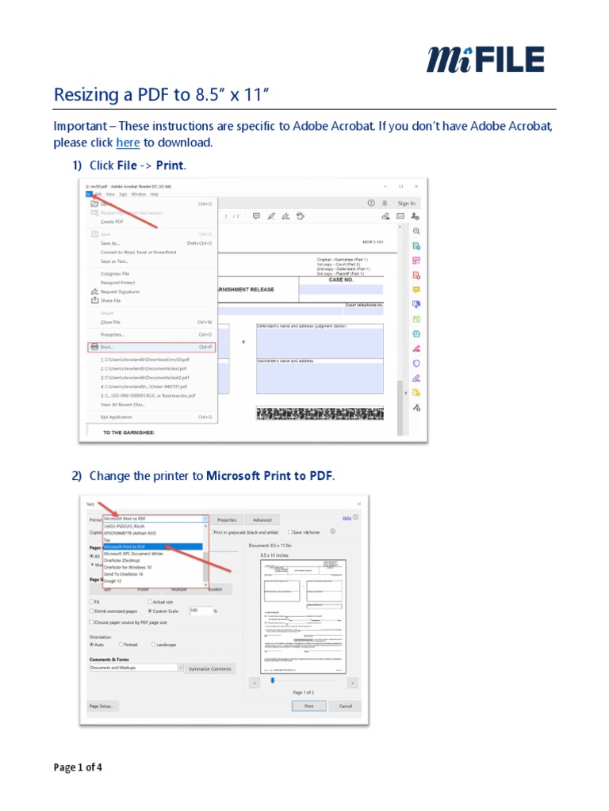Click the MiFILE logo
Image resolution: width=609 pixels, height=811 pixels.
pyautogui.click(x=485, y=59)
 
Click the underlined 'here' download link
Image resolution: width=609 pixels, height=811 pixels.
pyautogui.click(x=128, y=143)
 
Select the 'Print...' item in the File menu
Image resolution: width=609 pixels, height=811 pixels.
pyautogui.click(x=106, y=347)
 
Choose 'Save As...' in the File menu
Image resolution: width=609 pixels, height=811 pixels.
pyautogui.click(x=109, y=244)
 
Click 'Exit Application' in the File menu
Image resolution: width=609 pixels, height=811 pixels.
pyautogui.click(x=116, y=417)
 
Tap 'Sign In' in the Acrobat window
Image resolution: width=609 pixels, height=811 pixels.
pyautogui.click(x=406, y=204)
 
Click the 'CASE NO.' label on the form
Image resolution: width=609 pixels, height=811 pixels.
pyautogui.click(x=340, y=280)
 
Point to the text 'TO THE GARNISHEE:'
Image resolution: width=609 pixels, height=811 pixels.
pyautogui.click(x=129, y=432)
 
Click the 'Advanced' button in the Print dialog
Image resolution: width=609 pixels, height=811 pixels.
pyautogui.click(x=262, y=520)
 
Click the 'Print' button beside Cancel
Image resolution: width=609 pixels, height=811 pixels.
pyautogui.click(x=308, y=706)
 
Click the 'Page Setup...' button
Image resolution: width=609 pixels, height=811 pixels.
pyautogui.click(x=102, y=706)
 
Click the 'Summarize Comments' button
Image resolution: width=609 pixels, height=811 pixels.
pyautogui.click(x=209, y=668)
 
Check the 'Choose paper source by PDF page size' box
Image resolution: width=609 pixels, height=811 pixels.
pyautogui.click(x=92, y=623)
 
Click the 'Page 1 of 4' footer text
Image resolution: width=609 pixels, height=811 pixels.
pyautogui.click(x=78, y=767)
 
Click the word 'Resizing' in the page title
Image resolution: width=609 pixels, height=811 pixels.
pyautogui.click(x=84, y=95)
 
